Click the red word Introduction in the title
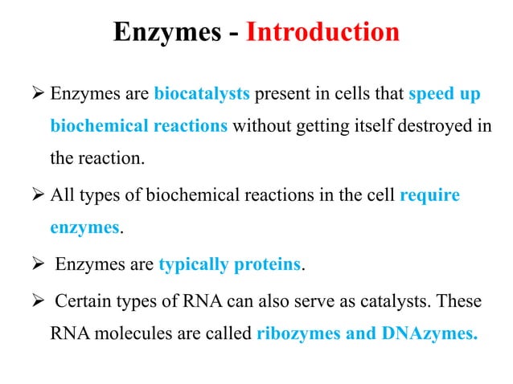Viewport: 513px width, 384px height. point(322,32)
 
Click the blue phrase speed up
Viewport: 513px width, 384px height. point(444,96)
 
